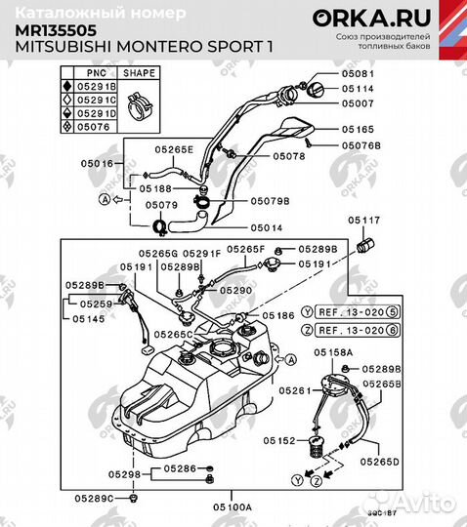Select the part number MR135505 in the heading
pos(49,29)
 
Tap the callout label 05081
pos(358,73)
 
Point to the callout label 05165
pos(358,128)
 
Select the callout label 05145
pos(85,318)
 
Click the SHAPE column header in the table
pos(139,73)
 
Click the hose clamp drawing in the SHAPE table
pos(139,101)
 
